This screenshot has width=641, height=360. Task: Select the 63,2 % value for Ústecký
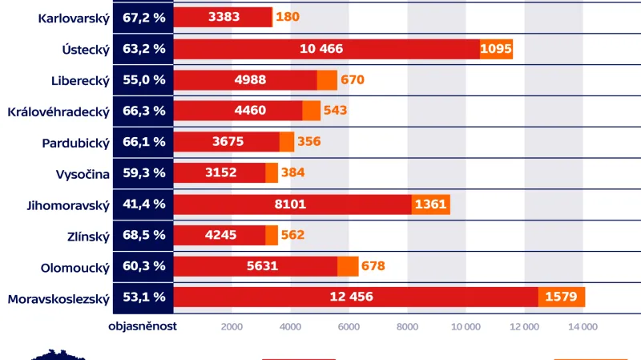coord(144,48)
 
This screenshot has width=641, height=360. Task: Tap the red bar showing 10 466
coord(321,49)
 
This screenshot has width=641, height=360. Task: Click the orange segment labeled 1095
coord(496,49)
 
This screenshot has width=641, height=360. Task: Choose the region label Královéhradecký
coord(58,111)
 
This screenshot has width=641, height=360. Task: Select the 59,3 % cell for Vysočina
coord(144,172)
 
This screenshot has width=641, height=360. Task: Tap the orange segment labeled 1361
coord(431,204)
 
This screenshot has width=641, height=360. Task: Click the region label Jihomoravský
coord(67,204)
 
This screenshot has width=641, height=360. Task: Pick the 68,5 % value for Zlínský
coord(144,235)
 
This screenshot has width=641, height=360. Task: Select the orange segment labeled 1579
coord(561,297)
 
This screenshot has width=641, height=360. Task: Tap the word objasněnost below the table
coord(143,326)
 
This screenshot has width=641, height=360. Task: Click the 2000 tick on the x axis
coord(232,326)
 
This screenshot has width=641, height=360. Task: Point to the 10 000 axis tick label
coord(466,326)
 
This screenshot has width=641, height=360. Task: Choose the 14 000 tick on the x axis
coord(583,326)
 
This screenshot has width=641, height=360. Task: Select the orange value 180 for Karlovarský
coord(288,16)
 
